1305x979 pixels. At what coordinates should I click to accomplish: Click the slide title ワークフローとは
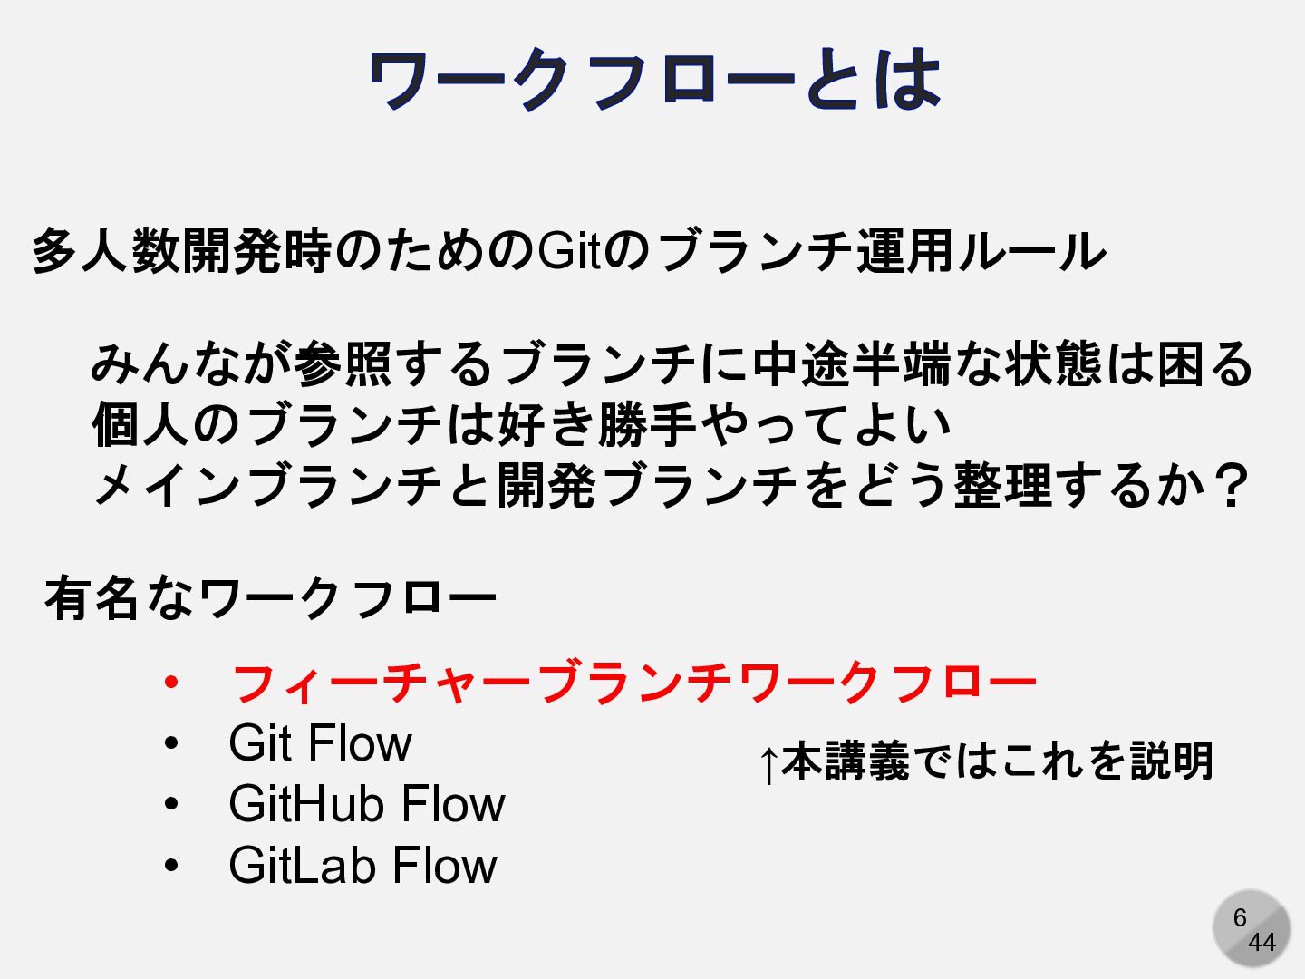(654, 80)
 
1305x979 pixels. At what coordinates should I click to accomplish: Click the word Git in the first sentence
(569, 251)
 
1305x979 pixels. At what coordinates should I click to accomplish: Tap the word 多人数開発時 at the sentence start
(181, 251)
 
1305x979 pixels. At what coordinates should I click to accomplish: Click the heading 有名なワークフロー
(270, 598)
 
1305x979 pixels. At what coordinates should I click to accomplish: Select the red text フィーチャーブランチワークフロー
(633, 683)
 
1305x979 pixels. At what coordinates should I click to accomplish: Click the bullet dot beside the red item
(171, 682)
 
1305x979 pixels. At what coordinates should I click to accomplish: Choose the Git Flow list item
(320, 743)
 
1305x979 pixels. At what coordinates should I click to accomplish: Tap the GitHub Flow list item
(366, 804)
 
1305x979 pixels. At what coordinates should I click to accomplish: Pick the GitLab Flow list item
(362, 865)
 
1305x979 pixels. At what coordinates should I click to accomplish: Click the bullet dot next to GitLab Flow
(171, 866)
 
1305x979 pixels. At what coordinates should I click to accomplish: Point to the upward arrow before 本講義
(768, 763)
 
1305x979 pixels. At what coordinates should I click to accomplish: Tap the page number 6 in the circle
(1240, 917)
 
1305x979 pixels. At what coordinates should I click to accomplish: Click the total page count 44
(1261, 943)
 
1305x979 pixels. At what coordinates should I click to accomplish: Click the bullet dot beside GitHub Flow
(171, 804)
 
